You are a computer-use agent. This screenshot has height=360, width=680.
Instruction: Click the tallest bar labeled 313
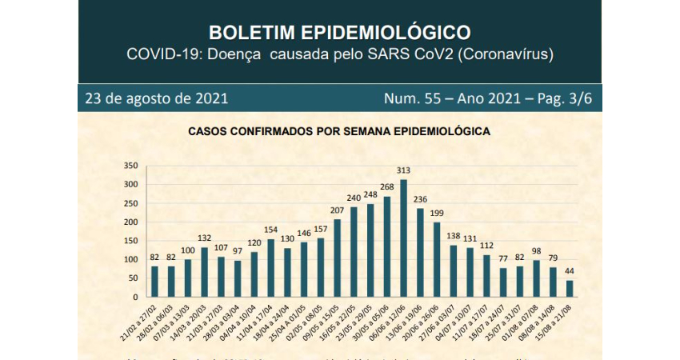(x=403, y=238)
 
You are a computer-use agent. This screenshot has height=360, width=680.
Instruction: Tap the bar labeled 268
(x=386, y=246)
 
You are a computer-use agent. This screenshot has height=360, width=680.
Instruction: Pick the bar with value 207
(x=336, y=257)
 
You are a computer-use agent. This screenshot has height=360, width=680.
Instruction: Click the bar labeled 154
(x=270, y=266)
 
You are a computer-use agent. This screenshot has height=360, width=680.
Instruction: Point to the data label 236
(x=420, y=199)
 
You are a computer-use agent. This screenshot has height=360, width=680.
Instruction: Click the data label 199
(x=437, y=213)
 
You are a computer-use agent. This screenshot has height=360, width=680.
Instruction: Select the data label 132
(x=204, y=238)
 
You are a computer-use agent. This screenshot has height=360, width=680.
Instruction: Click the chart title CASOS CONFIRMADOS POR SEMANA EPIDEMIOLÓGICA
(x=338, y=130)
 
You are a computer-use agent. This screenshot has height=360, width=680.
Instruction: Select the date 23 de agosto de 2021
(x=157, y=98)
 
